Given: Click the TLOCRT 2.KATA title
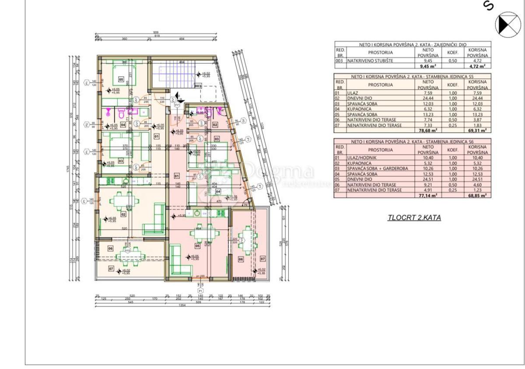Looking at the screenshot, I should pyautogui.click(x=414, y=218).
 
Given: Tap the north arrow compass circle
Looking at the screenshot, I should pyautogui.click(x=508, y=24).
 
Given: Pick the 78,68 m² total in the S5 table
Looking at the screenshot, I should pyautogui.click(x=428, y=130).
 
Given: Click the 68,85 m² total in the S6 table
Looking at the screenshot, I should pyautogui.click(x=478, y=195).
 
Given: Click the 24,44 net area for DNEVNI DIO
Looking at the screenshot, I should pyautogui.click(x=428, y=98).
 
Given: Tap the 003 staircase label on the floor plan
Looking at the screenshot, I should pyautogui.click(x=198, y=86).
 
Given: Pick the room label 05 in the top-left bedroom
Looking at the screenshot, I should pyautogui.click(x=121, y=80).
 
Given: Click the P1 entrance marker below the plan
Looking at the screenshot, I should pyautogui.click(x=201, y=290).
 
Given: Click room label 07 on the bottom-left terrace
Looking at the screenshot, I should pyautogui.click(x=111, y=268).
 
